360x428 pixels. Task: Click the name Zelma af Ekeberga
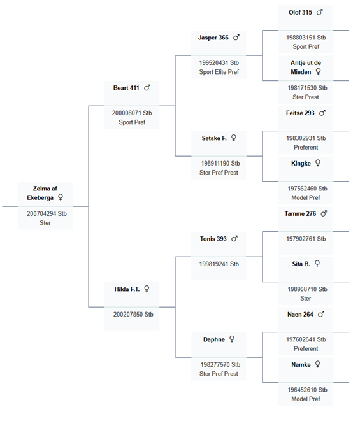click(42, 193)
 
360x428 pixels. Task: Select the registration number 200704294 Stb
click(47, 214)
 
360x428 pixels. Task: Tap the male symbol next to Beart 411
click(147, 88)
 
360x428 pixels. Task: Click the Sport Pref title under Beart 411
click(132, 122)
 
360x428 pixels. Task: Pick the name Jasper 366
click(213, 38)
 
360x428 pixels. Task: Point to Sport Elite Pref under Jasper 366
click(219, 72)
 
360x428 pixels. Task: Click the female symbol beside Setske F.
click(234, 138)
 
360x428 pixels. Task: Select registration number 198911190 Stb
click(220, 164)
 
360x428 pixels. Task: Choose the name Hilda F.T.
click(127, 289)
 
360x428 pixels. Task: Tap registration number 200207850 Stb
click(133, 315)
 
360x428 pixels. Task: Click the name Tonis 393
click(213, 239)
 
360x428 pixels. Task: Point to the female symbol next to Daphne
click(232, 339)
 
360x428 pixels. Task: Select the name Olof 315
click(300, 13)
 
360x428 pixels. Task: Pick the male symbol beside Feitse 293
click(322, 113)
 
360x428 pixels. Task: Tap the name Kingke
click(301, 164)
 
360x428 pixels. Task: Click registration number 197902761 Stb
click(306, 239)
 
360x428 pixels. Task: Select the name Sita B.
click(301, 264)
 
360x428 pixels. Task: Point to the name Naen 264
click(300, 315)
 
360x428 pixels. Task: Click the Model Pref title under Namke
click(306, 399)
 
